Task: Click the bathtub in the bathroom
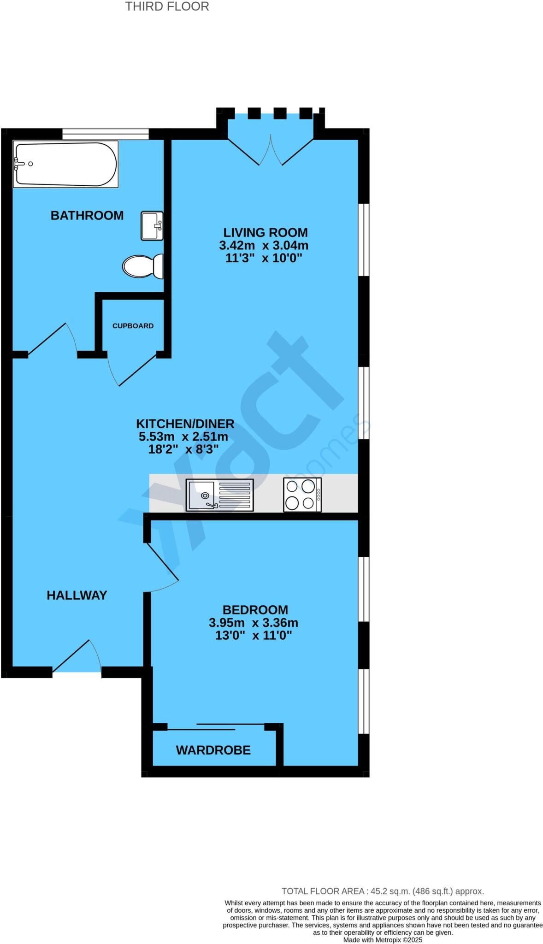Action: coord(65,164)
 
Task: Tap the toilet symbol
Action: coord(143,266)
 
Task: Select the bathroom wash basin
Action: coord(152,226)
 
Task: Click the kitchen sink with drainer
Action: coord(219,495)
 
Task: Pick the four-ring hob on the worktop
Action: coord(302,495)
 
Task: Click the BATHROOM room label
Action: coord(87,215)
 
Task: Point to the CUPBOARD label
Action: coord(133,325)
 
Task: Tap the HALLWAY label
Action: coord(77,595)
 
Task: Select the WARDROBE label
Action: coord(213,750)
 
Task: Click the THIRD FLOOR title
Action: coord(167,6)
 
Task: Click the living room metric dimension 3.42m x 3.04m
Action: coord(264,245)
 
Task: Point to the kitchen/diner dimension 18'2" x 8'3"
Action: coord(183,449)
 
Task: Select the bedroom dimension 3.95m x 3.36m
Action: coord(254,623)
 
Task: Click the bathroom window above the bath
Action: coord(106,134)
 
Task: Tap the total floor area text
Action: coord(383,891)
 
